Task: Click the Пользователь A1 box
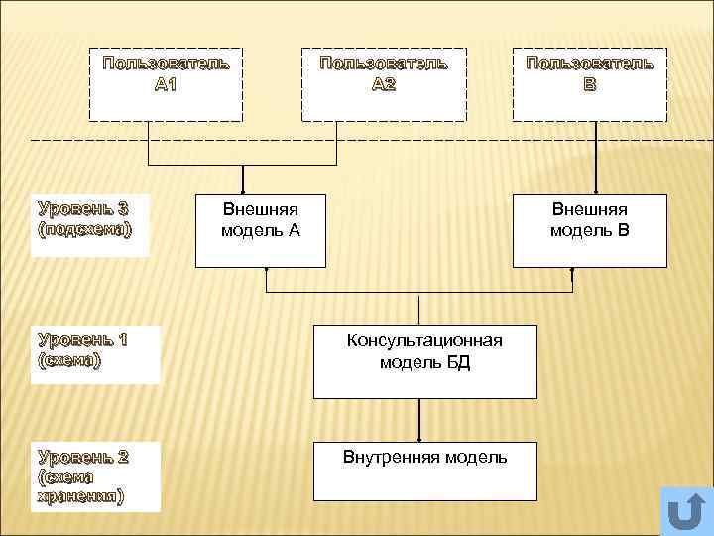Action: click(166, 83)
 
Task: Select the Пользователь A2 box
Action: click(383, 83)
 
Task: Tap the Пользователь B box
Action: click(589, 83)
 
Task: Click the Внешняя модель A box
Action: click(260, 230)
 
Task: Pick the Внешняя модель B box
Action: click(589, 230)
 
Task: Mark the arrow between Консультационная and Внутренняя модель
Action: click(420, 419)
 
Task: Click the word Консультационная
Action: click(424, 341)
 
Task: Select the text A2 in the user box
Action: click(383, 84)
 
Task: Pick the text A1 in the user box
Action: click(166, 84)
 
